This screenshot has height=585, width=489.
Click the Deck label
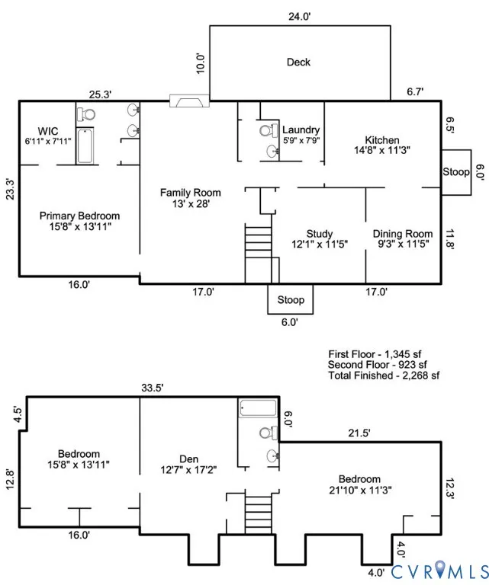(x=298, y=62)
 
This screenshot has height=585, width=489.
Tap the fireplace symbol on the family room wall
(x=189, y=101)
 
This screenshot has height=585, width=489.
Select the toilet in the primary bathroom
(x=86, y=114)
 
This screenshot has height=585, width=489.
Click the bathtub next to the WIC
(x=85, y=146)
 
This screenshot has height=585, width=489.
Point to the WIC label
(x=48, y=131)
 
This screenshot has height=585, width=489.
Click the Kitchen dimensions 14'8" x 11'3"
(x=382, y=150)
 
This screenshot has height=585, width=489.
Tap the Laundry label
(x=301, y=129)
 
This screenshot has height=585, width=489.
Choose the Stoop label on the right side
(x=456, y=172)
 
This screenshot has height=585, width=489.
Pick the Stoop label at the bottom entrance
(x=291, y=300)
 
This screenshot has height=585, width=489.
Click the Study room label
(x=320, y=234)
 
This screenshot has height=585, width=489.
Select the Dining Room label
(x=403, y=234)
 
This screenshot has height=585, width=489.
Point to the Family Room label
(x=191, y=193)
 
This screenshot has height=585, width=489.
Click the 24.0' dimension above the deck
(x=300, y=17)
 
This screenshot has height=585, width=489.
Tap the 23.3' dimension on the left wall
(x=10, y=190)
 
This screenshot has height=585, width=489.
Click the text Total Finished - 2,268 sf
(x=384, y=376)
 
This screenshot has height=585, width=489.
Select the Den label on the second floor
(x=188, y=459)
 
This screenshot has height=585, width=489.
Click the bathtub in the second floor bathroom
(x=258, y=408)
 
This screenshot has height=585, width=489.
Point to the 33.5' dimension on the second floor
(x=153, y=388)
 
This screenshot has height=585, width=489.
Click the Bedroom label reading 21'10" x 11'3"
(x=360, y=484)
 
